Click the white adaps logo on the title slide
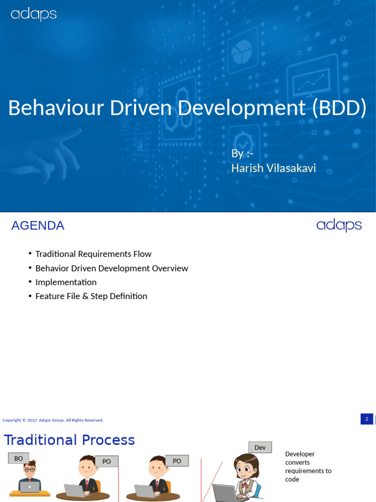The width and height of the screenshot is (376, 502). pyautogui.click(x=34, y=14)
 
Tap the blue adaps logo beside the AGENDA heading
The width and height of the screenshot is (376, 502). pyautogui.click(x=339, y=226)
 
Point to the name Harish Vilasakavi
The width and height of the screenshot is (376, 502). pyautogui.click(x=273, y=168)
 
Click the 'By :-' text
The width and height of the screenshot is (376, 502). pyautogui.click(x=242, y=153)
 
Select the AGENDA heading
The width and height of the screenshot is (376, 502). pyautogui.click(x=38, y=226)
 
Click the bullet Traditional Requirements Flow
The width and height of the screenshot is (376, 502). pyautogui.click(x=93, y=254)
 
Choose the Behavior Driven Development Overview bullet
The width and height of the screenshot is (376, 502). pyautogui.click(x=112, y=268)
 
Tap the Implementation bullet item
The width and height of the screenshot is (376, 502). pyautogui.click(x=66, y=282)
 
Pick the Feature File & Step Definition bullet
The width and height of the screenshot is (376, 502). pyautogui.click(x=91, y=296)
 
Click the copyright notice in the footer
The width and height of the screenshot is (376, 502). pyautogui.click(x=53, y=420)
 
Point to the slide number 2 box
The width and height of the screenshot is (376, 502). pyautogui.click(x=367, y=419)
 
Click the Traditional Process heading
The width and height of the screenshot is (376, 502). pyautogui.click(x=70, y=440)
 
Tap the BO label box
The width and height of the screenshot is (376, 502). pyautogui.click(x=19, y=458)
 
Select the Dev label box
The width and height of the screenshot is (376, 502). pyautogui.click(x=260, y=447)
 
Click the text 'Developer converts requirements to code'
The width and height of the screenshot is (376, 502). pyautogui.click(x=308, y=467)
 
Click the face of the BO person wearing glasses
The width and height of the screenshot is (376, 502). pyautogui.click(x=30, y=470)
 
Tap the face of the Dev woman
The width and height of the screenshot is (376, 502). pyautogui.click(x=246, y=469)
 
